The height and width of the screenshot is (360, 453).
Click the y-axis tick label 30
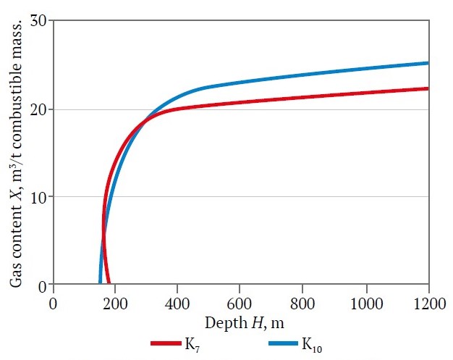tap(38, 21)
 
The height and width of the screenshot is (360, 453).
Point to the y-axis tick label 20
tap(38, 109)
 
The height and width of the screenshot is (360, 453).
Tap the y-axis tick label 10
tap(38, 197)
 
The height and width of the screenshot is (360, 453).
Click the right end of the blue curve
tap(428, 63)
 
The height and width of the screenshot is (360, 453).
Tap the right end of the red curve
tap(428, 88)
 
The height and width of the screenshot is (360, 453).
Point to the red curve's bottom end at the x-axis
tap(109, 283)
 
